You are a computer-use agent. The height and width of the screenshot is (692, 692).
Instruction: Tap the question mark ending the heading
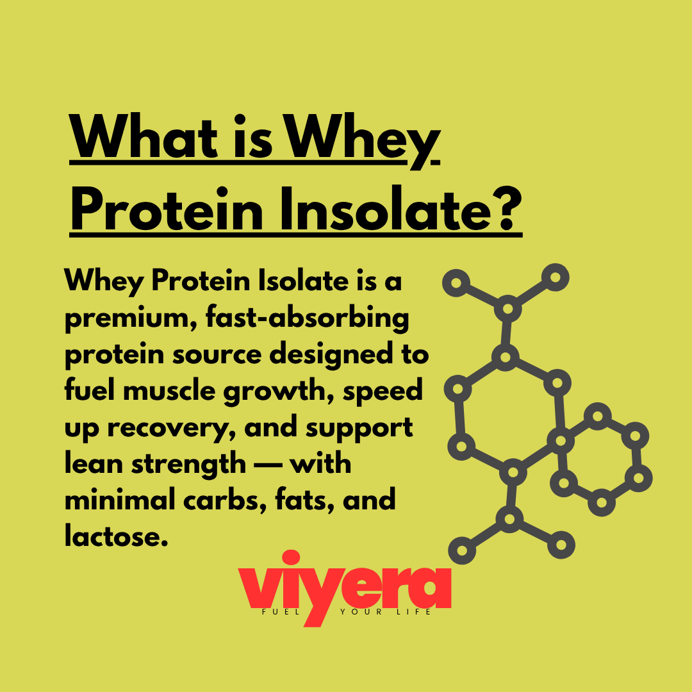click(x=507, y=208)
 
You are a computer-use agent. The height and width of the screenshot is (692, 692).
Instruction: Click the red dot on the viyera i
click(x=291, y=557)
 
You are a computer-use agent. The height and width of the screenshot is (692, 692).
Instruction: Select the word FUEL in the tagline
click(x=280, y=612)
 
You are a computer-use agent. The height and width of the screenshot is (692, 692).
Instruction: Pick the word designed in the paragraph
click(x=331, y=354)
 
